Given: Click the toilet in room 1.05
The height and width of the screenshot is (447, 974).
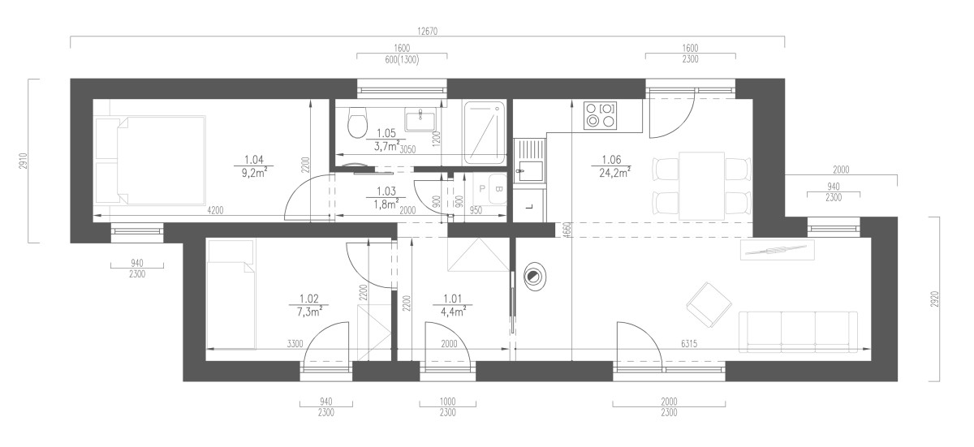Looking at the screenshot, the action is (357, 122).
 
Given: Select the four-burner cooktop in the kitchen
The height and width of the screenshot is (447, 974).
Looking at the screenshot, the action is (600, 114).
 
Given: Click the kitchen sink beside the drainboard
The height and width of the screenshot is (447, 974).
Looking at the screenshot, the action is (529, 171).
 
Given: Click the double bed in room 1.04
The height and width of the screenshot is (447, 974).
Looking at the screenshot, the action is (150, 161).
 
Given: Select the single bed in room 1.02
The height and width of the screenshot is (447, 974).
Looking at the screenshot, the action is (231, 294).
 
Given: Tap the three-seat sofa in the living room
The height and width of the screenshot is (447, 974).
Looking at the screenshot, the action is (798, 332).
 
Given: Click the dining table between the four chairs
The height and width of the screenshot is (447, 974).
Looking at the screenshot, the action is (701, 186).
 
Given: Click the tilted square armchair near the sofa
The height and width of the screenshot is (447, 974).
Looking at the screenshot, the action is (709, 304).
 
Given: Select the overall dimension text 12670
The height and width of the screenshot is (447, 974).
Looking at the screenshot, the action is (428, 32).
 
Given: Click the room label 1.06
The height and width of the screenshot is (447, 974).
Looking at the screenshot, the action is (611, 160).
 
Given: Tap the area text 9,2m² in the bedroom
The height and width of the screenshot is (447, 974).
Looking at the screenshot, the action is (254, 173).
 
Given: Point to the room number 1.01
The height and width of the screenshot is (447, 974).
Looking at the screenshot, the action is (453, 299).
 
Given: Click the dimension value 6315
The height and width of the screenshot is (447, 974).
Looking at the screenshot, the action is (689, 344).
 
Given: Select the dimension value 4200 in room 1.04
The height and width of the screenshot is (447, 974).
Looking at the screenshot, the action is (215, 210).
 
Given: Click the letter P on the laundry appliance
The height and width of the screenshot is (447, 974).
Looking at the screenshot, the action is (482, 189).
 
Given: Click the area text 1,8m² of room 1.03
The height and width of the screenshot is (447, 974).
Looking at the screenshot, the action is (386, 204).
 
